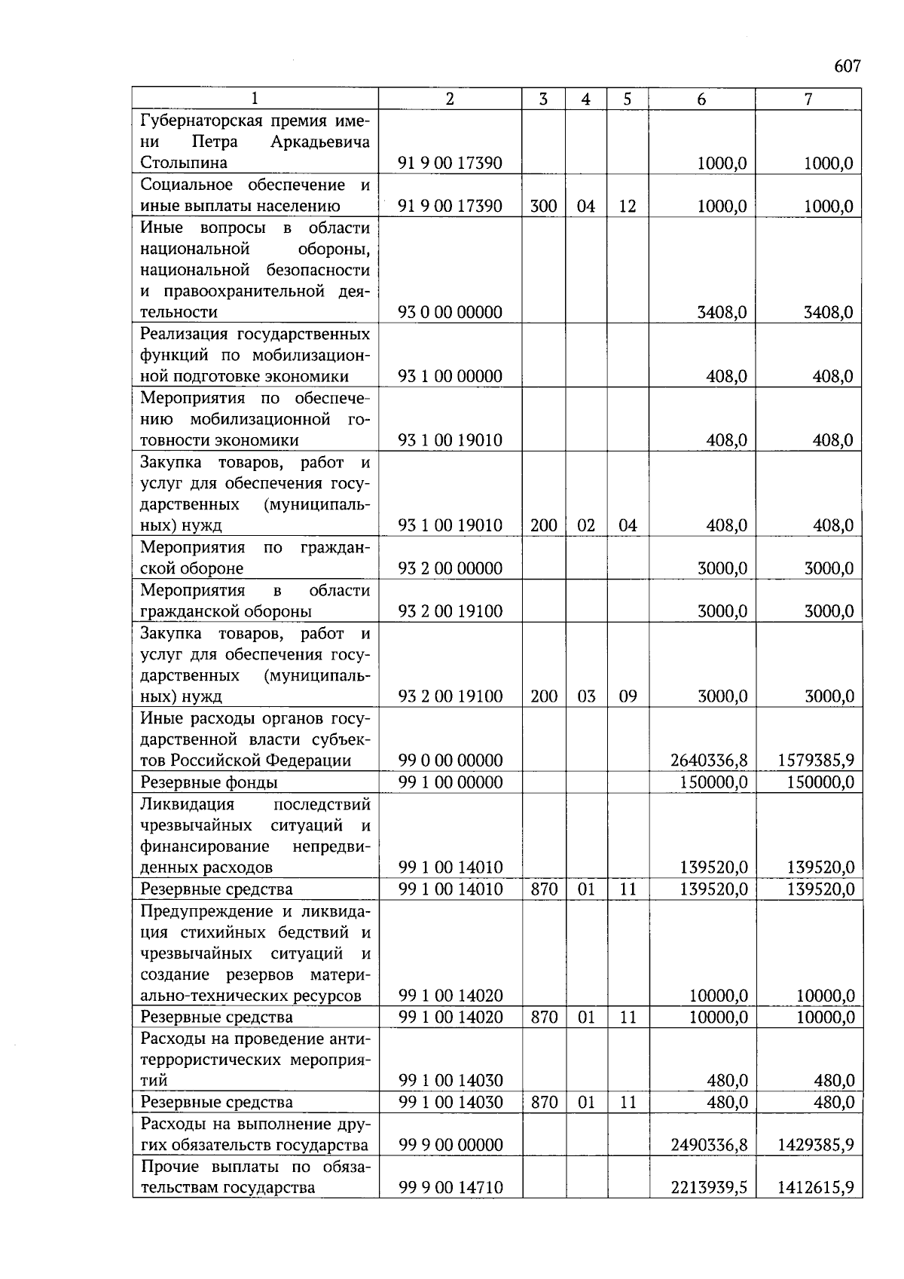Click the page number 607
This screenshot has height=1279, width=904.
pos(847,66)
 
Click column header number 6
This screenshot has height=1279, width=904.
pos(701,99)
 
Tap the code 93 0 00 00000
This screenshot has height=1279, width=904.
pos(450,312)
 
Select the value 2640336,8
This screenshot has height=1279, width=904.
pos(708,760)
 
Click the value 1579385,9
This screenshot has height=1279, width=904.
pos(815,760)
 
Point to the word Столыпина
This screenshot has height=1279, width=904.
pos(184,163)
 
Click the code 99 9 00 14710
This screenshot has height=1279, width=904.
pos(450,1188)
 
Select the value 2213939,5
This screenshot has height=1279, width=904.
pos(708,1188)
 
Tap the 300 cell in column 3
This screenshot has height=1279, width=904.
pos(543,206)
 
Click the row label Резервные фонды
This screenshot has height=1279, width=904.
pos(209,782)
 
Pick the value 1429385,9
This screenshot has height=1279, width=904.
pos(815,1145)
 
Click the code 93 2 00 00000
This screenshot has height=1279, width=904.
pos(450,568)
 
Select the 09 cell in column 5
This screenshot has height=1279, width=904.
pos(628,696)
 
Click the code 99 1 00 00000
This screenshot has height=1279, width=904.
pos(450,782)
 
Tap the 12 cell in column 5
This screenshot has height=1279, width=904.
pos(628,206)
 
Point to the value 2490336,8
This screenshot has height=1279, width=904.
pos(708,1145)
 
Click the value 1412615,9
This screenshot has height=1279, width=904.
pos(815,1188)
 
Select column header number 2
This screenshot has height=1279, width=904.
pos(450,99)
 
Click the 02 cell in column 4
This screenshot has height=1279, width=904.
pos(585,525)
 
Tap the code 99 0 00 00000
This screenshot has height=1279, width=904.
pos(450,760)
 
